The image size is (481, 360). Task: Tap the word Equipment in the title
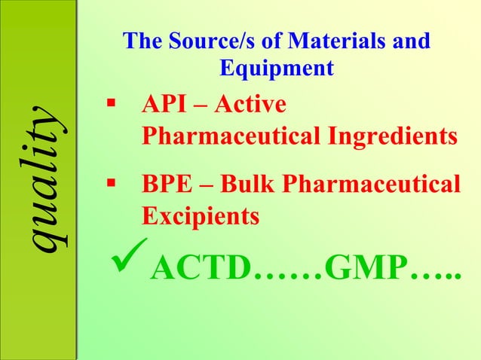point(277,68)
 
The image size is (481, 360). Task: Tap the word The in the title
point(142,41)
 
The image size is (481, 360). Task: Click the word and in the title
point(411,41)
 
